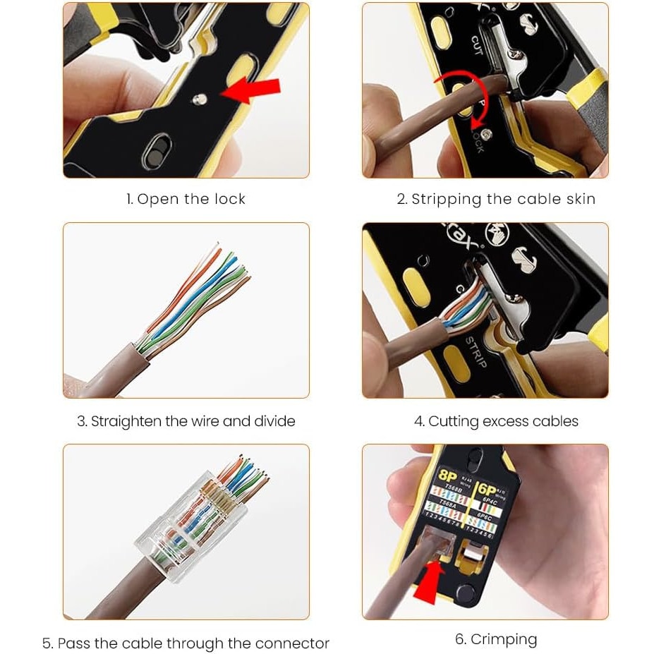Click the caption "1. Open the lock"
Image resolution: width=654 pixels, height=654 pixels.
186,199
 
